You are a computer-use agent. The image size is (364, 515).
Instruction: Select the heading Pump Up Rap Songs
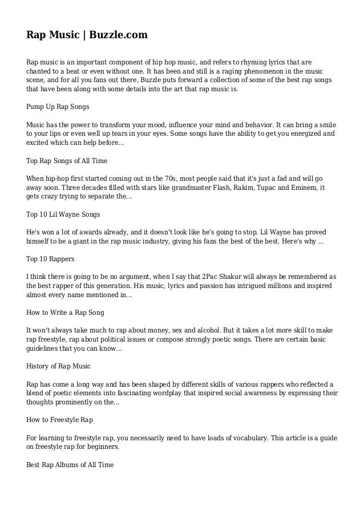click(58, 107)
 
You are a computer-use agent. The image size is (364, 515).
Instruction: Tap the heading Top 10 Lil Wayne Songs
click(63, 214)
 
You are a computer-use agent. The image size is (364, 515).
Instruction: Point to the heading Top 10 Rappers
click(50, 258)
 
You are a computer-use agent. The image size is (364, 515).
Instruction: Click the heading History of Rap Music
click(59, 366)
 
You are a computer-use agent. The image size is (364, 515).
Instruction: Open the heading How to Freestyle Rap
click(59, 419)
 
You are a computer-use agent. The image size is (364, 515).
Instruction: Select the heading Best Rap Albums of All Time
click(70, 464)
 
